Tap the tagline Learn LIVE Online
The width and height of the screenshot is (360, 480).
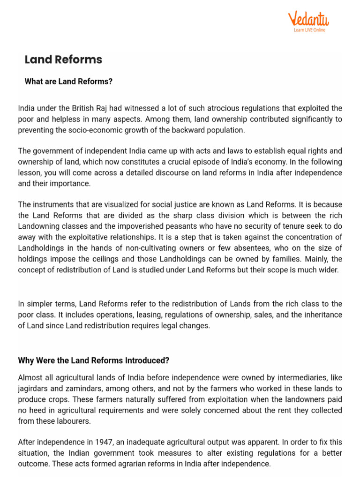tap(309, 30)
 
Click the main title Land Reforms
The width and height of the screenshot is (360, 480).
tap(63, 60)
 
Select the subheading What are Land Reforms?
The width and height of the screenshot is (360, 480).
tap(68, 82)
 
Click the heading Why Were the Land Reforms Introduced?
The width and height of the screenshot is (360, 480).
tap(93, 360)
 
